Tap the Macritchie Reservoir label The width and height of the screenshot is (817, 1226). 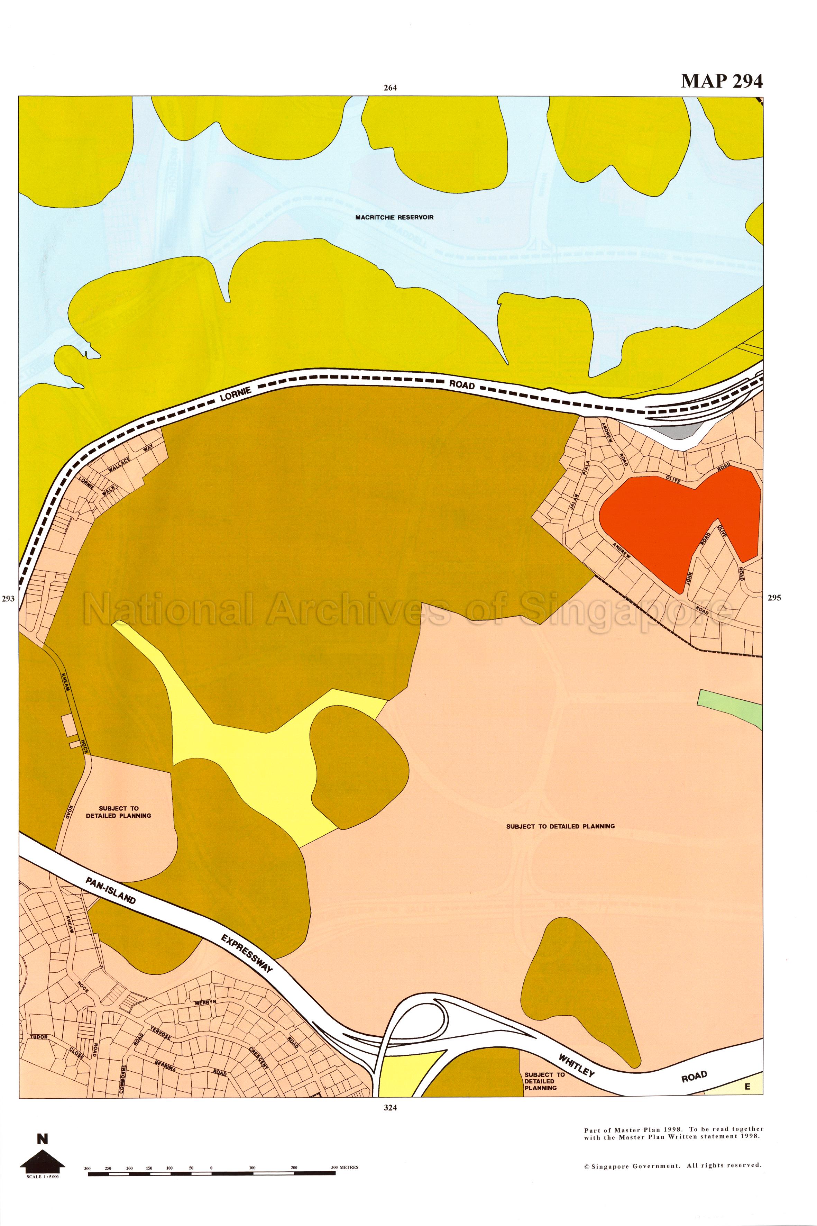pyautogui.click(x=394, y=217)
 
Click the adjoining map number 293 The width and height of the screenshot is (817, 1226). pyautogui.click(x=8, y=599)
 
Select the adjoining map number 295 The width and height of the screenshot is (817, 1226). pyautogui.click(x=774, y=598)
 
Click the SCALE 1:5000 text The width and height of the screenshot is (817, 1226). pyautogui.click(x=42, y=1176)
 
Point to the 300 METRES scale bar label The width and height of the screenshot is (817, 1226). pyautogui.click(x=345, y=1167)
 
